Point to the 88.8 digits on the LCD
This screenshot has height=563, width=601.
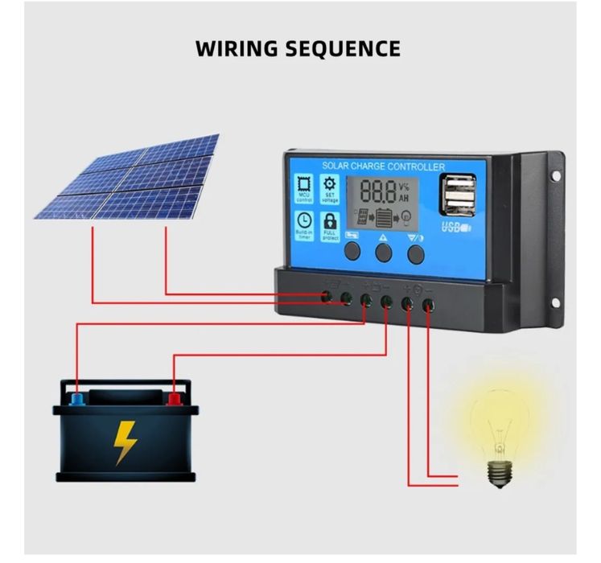(x=377, y=191)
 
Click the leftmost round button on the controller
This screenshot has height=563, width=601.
(x=353, y=252)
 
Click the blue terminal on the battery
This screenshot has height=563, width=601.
(x=76, y=398)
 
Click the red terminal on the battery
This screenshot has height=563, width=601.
(x=173, y=398)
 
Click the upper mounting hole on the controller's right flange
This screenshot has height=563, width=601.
(x=554, y=174)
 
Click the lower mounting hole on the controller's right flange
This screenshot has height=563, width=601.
(x=554, y=302)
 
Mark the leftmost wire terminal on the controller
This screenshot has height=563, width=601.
(x=327, y=298)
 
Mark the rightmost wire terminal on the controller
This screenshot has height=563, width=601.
(x=429, y=305)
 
